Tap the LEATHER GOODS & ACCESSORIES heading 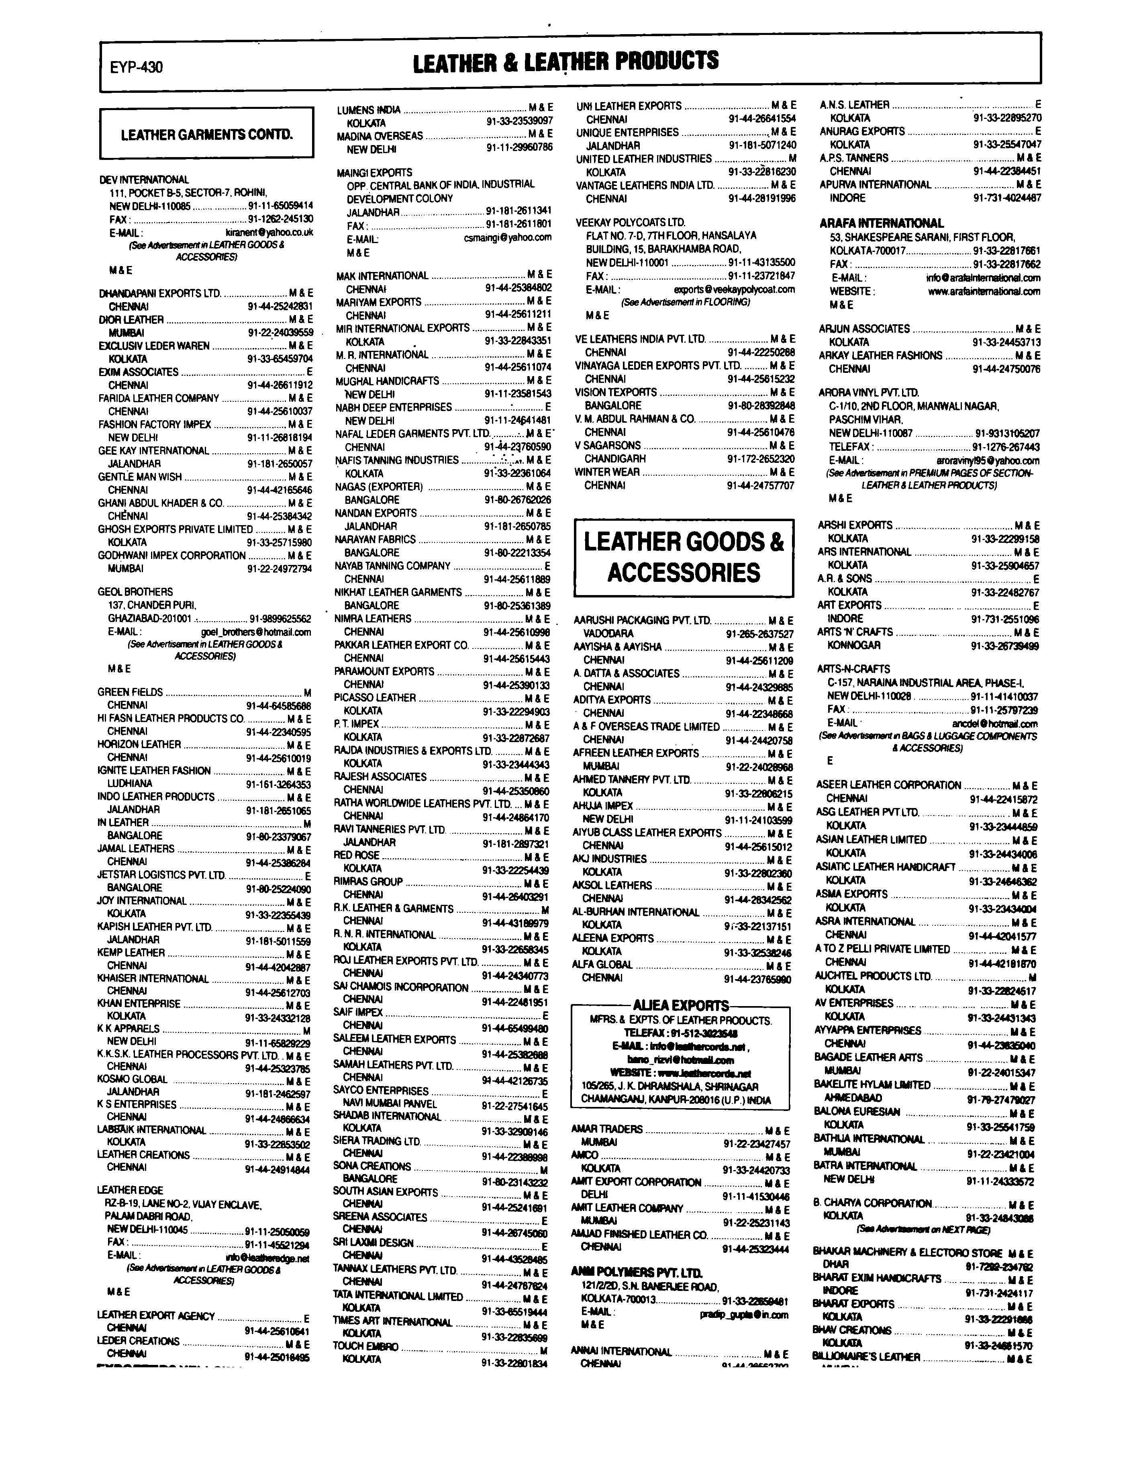[x=684, y=557]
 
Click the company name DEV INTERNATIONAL [x=144, y=180]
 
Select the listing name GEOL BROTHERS [x=136, y=591]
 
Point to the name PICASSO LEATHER [x=375, y=697]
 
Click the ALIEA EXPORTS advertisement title [x=681, y=1006]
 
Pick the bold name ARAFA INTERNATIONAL [x=882, y=223]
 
